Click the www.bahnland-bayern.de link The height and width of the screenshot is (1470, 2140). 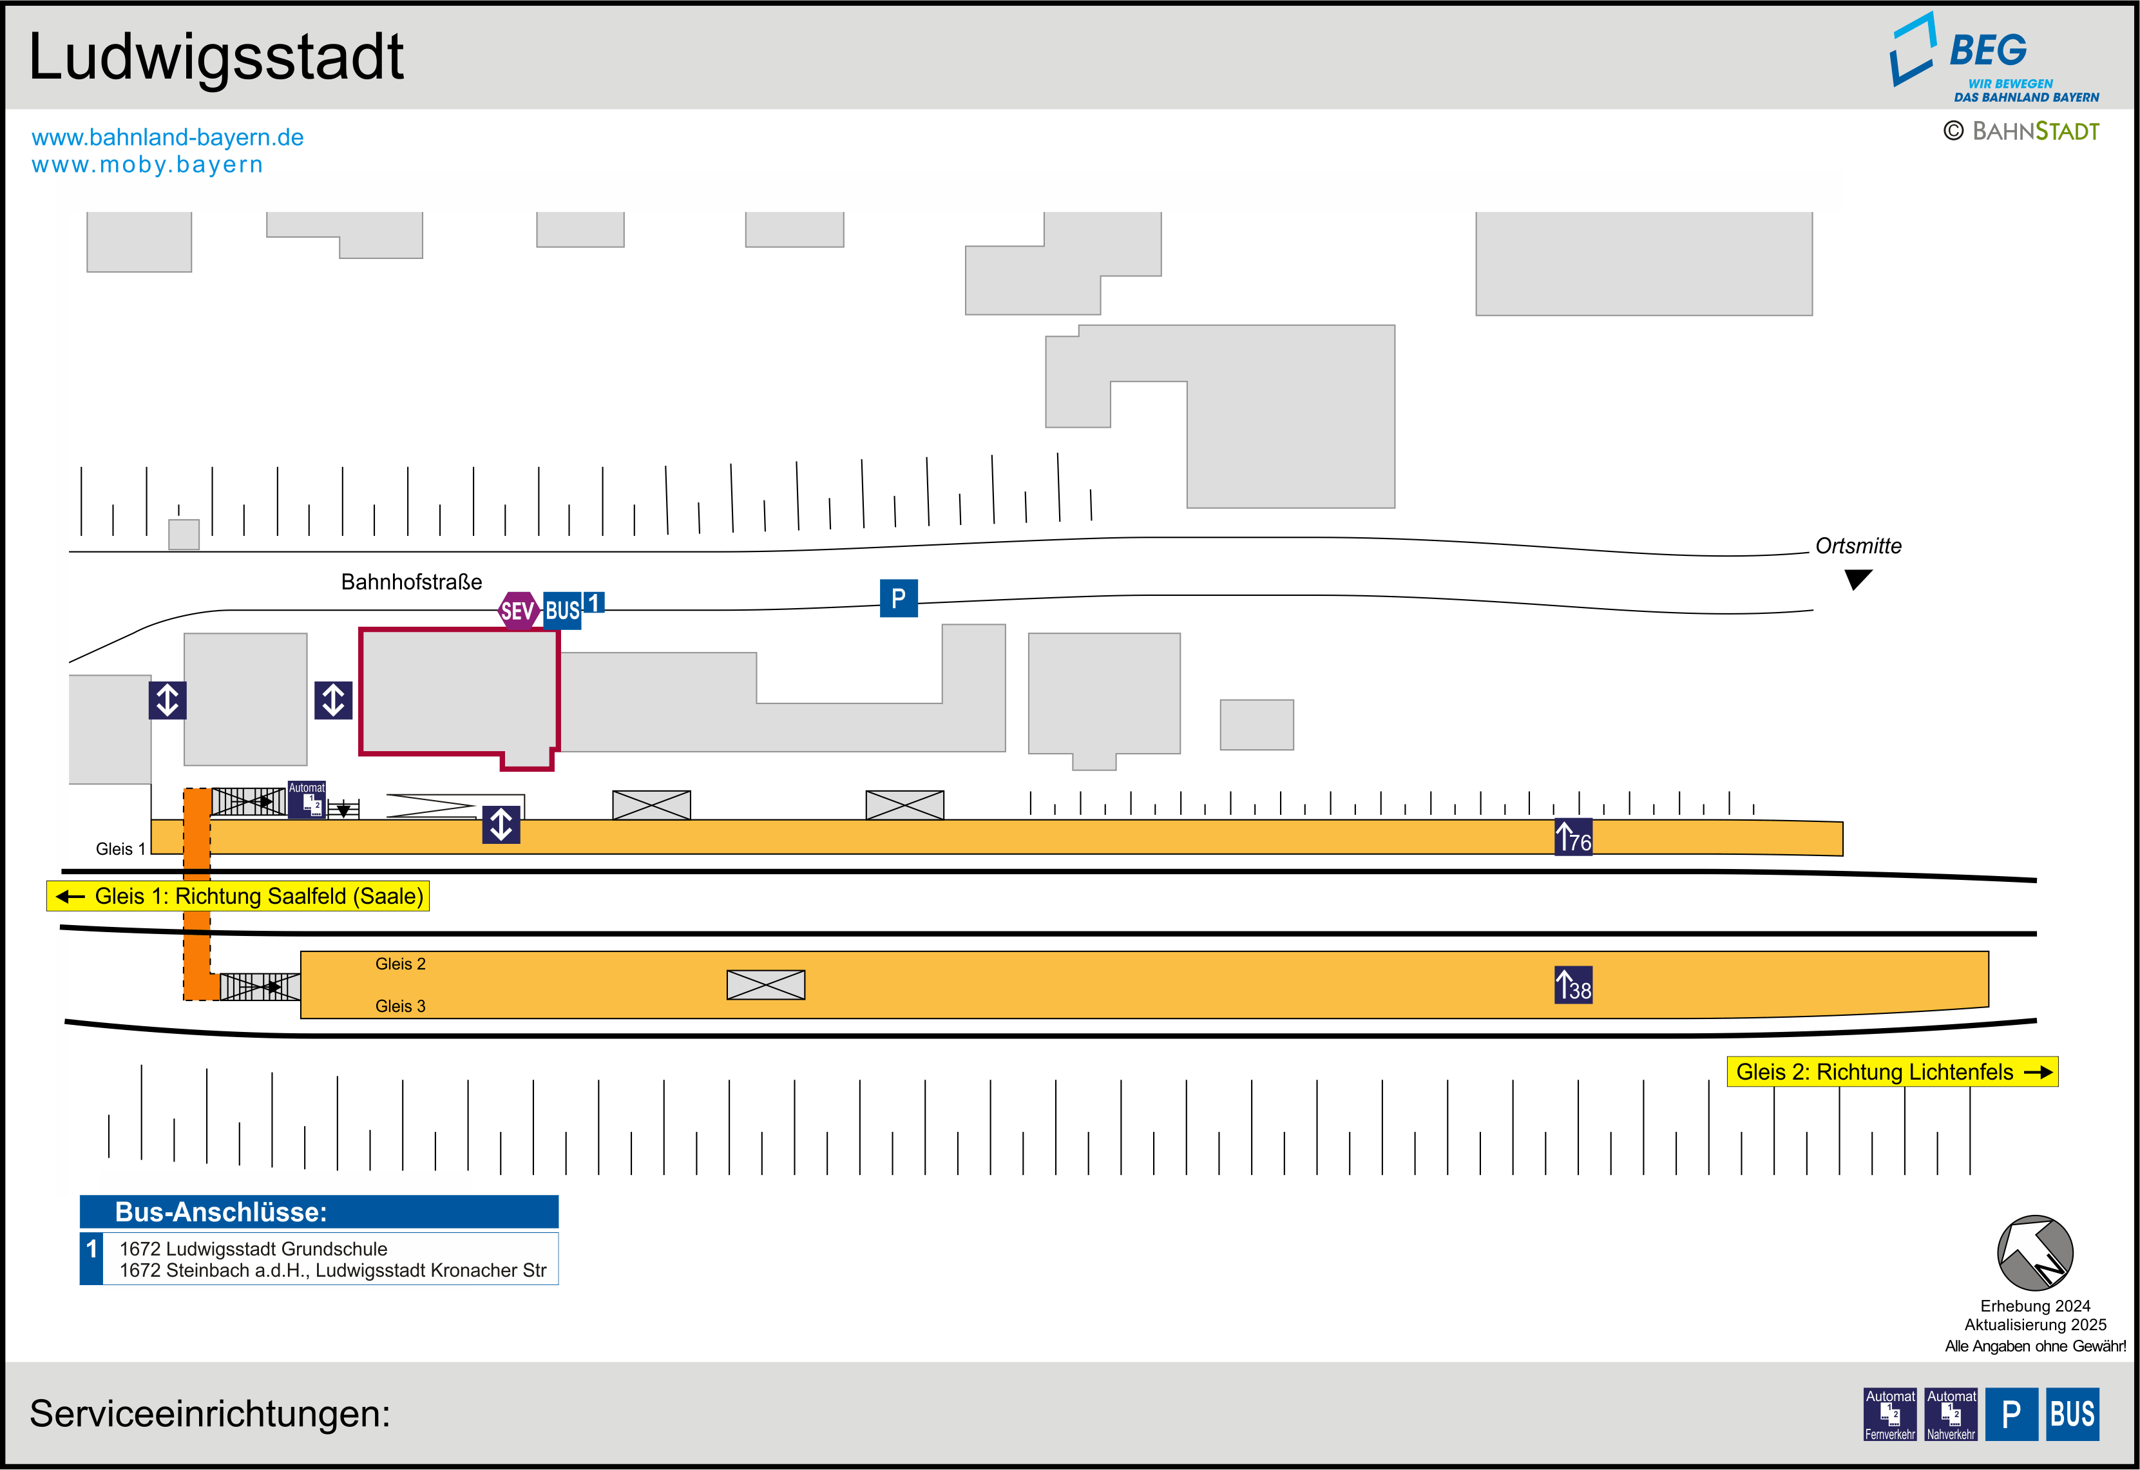coord(167,137)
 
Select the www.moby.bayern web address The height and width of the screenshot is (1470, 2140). coord(148,165)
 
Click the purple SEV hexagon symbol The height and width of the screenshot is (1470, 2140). coord(517,611)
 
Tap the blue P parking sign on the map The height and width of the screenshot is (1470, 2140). coord(898,598)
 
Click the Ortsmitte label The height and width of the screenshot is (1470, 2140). coord(1857,546)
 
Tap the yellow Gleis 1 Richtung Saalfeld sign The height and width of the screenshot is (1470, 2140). coord(238,896)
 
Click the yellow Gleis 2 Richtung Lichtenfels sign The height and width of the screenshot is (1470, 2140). coord(1891,1072)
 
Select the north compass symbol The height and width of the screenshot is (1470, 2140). coord(2034,1254)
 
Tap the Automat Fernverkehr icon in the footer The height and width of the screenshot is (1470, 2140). coord(1889,1414)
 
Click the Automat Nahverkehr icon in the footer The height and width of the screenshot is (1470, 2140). coord(1951,1414)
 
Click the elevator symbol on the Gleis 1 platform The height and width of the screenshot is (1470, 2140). coord(501,825)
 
